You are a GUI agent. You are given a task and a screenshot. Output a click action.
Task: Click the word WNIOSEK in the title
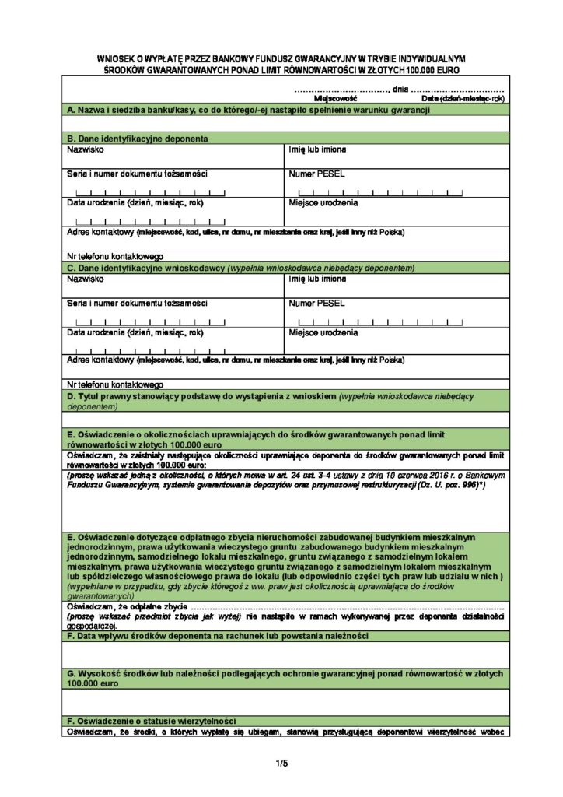pyautogui.click(x=116, y=58)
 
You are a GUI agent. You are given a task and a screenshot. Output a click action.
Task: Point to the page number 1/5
pyautogui.click(x=281, y=763)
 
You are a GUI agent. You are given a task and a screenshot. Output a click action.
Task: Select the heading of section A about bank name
pyautogui.click(x=249, y=111)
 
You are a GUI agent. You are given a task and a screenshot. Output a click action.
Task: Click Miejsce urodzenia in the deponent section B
pyautogui.click(x=323, y=203)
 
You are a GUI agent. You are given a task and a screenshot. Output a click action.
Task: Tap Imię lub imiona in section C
pyautogui.click(x=318, y=278)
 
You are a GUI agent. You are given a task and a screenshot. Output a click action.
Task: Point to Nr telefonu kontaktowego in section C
pyautogui.click(x=114, y=384)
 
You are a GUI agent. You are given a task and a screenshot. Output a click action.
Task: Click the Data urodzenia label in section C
pyautogui.click(x=135, y=332)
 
